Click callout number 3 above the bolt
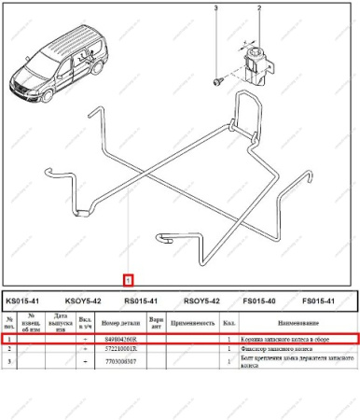click(x=216, y=8)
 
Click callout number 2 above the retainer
click(x=258, y=8)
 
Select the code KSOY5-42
click(x=82, y=301)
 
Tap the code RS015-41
click(x=141, y=301)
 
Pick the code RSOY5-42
click(x=201, y=301)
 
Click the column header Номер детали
click(x=119, y=323)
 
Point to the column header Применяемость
click(x=192, y=323)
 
